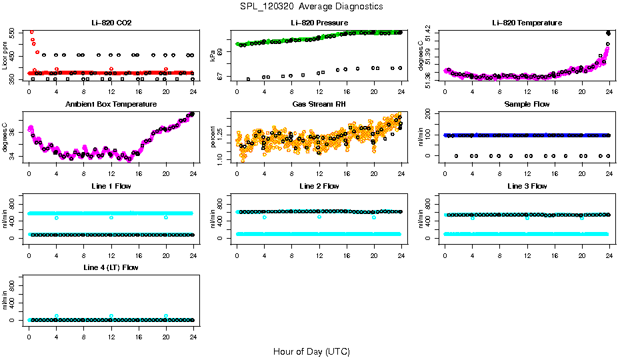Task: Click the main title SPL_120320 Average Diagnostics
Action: (x=312, y=6)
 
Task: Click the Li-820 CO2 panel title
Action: (x=111, y=23)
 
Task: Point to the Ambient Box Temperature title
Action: (x=111, y=104)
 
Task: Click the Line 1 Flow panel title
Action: (x=111, y=186)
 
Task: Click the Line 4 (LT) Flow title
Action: (x=111, y=267)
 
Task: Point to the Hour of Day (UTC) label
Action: (x=311, y=351)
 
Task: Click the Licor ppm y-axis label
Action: (x=5, y=56)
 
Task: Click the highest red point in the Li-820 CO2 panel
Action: (x=31, y=32)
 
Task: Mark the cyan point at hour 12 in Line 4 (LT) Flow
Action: (x=111, y=316)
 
